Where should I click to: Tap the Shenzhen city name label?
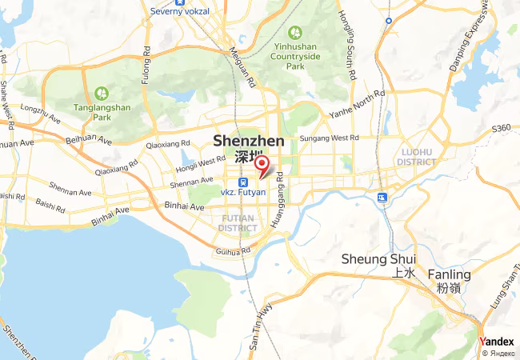point(249,142)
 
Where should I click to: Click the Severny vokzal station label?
point(180,11)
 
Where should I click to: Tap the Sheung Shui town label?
point(378,258)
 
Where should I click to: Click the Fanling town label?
point(449,274)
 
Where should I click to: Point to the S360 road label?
point(502,128)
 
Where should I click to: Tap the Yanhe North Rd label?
point(358,105)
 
